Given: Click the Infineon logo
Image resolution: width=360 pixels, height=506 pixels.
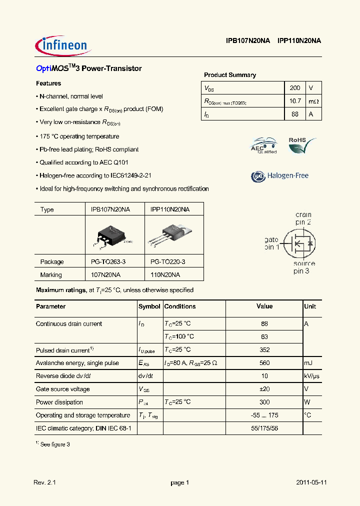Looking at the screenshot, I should tap(62, 46).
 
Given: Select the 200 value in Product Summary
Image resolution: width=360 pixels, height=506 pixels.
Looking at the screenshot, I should tap(295, 87).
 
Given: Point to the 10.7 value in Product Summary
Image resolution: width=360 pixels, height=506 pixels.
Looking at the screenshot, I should tap(295, 101).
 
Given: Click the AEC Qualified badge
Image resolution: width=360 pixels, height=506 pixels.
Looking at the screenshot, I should tap(263, 146).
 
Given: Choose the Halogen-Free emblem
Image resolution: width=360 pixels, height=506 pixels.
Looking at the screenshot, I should tap(279, 176).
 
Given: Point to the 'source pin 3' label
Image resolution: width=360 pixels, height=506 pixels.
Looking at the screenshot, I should tap(303, 267).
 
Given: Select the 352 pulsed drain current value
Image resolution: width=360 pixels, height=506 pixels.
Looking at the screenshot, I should tap(264, 350).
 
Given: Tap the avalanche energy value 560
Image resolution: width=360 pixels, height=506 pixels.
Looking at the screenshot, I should tap(264, 363).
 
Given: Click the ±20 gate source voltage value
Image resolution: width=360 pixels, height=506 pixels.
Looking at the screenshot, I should tap(264, 389).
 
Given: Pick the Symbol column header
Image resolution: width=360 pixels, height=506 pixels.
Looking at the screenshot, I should tap(149, 306).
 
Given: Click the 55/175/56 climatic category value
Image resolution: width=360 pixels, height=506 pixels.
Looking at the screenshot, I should tap(264, 428).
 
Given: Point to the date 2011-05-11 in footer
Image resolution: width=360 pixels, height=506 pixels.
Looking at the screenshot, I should tap(311, 482).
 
